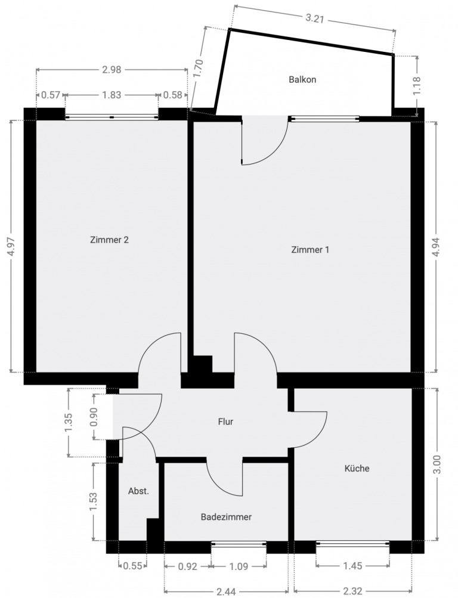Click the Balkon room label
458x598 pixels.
(x=302, y=80)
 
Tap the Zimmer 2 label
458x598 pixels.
(x=110, y=240)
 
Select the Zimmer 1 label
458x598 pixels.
(x=310, y=250)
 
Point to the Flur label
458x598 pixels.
(x=226, y=422)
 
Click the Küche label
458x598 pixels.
(x=357, y=469)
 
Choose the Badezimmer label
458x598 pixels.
(x=226, y=517)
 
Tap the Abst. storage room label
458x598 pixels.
(x=138, y=491)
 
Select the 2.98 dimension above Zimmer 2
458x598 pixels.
(x=112, y=70)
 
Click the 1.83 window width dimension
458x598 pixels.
(x=112, y=95)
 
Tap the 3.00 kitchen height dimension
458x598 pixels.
(x=437, y=464)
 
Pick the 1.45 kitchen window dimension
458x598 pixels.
(x=353, y=566)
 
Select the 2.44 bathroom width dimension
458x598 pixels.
(x=226, y=591)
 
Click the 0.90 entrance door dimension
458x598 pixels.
(x=94, y=417)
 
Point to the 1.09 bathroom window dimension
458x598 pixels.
(x=239, y=566)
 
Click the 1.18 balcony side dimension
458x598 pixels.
(x=416, y=86)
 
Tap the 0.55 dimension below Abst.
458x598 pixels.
(x=133, y=566)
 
